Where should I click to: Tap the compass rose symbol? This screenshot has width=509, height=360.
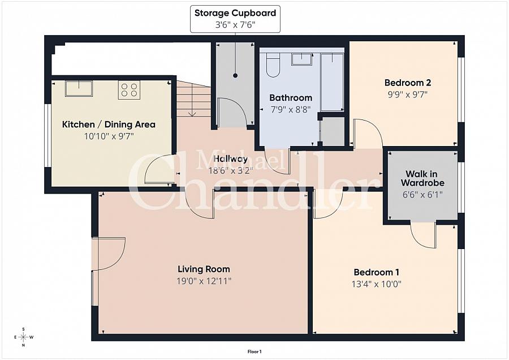(23, 337)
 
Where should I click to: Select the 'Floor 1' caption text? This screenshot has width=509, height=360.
(255, 352)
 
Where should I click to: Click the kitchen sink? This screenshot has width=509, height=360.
(79, 88)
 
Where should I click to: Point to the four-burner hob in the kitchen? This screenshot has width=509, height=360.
(129, 90)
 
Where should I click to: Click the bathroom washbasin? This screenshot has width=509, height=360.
(305, 59)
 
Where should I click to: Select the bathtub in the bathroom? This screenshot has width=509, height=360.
(332, 82)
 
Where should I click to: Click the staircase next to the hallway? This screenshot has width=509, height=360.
(193, 100)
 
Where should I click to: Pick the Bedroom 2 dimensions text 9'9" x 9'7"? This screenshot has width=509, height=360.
(404, 95)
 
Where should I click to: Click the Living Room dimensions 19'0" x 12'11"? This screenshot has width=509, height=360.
(204, 280)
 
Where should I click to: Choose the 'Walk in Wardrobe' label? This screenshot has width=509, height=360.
(422, 178)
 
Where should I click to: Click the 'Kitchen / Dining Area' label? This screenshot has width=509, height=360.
(109, 125)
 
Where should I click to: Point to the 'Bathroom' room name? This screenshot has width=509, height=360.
(291, 97)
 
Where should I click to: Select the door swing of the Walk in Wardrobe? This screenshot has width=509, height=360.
(422, 234)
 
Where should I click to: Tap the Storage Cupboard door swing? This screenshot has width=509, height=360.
(232, 113)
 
